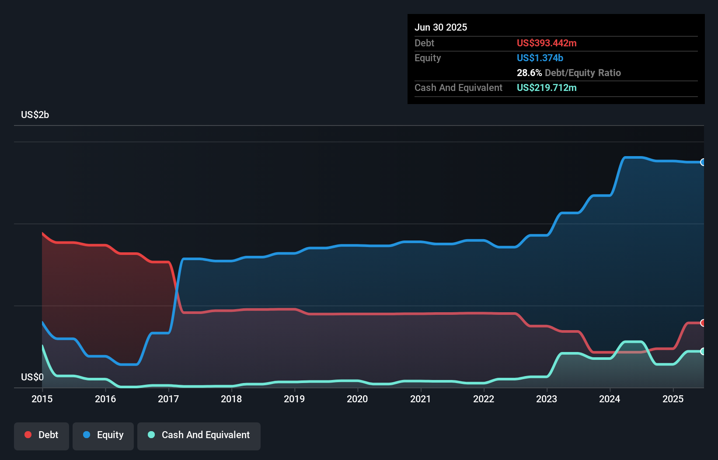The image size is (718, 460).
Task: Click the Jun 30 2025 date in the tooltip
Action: [440, 27]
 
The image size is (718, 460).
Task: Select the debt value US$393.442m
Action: [546, 43]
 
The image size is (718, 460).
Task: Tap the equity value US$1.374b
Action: [540, 58]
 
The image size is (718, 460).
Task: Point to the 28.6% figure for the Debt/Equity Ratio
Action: [529, 73]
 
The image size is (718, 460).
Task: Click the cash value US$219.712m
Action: [546, 87]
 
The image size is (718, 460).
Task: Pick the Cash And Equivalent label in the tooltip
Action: [458, 87]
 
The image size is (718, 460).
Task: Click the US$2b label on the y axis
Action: [35, 115]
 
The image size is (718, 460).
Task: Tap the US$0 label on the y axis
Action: [32, 377]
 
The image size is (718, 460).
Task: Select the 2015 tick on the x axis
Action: [42, 399]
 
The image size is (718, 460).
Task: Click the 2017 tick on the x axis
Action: [168, 399]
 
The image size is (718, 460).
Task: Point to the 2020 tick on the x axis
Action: [357, 399]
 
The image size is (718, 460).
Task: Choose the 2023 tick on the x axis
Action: [547, 399]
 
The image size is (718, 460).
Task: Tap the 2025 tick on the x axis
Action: [673, 399]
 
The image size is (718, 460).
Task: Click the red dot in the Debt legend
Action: [28, 435]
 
